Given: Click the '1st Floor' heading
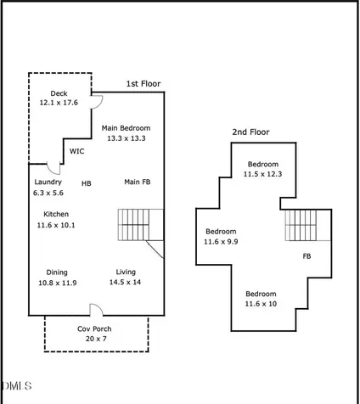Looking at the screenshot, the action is point(143,84).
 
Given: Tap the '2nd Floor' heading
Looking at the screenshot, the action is point(250,132).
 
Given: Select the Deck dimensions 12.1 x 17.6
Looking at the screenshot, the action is point(59,103).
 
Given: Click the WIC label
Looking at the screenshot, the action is point(77,151).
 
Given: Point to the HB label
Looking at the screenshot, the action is point(87,183).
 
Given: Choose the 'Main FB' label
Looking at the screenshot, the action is point(138,182).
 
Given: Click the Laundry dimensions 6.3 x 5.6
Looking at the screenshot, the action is point(48,193).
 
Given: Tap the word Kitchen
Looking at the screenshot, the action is point(56,214).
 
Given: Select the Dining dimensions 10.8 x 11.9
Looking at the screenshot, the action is point(58,283).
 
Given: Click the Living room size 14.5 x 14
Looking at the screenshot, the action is point(125,282).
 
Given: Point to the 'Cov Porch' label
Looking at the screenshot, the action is point(94,329).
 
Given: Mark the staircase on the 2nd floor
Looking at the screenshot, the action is point(308,225).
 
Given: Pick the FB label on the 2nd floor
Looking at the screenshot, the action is point(307,256).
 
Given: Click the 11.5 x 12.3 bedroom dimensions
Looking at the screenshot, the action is point(262,174).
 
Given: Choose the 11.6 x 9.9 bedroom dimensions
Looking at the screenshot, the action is point(221,242).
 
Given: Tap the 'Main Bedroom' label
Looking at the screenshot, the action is point(126,128).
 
